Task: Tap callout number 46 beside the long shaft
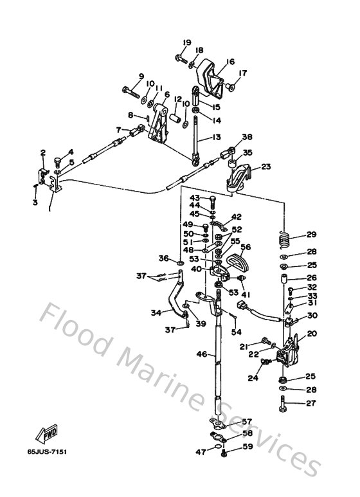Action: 201,354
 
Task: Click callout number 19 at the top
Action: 186,42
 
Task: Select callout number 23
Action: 265,167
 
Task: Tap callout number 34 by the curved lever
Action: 155,313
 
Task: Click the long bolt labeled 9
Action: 132,91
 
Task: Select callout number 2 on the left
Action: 42,152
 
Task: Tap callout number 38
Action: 248,137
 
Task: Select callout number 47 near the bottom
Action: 201,453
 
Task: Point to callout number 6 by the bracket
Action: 166,95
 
